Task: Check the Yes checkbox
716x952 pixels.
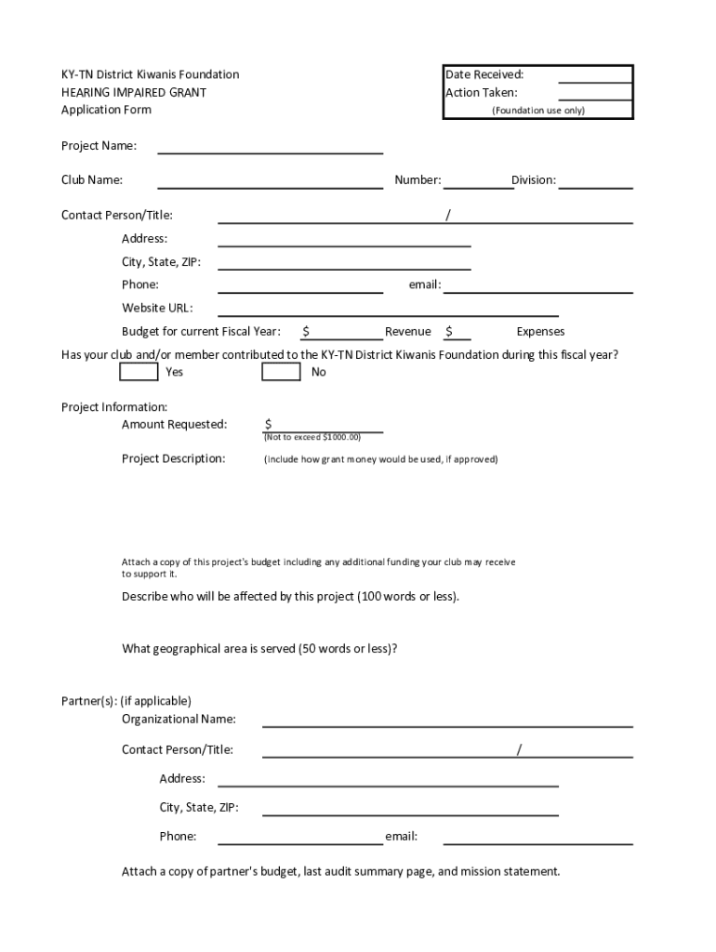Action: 139,372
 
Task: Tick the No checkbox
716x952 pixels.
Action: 281,372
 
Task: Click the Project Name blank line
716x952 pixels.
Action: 271,146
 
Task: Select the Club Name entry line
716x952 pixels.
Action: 271,180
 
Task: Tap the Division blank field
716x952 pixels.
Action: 595,180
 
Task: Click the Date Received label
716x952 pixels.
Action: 484,74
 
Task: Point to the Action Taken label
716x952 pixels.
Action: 482,93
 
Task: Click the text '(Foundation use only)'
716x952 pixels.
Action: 538,111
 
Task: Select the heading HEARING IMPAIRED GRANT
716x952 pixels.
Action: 134,92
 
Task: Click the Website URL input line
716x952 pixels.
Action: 388,309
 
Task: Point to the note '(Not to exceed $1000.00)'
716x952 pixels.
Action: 312,437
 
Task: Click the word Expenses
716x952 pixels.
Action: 540,332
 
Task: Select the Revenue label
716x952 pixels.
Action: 408,332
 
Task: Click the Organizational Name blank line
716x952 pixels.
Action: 447,719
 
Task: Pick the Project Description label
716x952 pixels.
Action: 174,458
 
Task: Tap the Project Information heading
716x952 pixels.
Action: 114,407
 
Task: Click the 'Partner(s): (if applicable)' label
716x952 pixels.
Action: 126,701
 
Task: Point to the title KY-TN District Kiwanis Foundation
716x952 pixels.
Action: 150,74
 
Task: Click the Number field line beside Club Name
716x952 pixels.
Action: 478,180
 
